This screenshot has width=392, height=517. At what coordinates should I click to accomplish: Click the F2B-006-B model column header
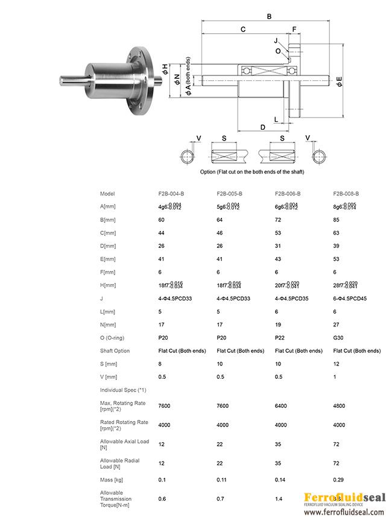click(288, 194)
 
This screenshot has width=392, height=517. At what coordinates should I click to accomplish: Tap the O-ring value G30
click(338, 338)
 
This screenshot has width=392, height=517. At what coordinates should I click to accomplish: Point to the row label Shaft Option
click(115, 350)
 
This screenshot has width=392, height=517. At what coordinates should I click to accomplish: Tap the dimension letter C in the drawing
click(242, 29)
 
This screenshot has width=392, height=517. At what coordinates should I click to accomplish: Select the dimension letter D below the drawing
click(263, 127)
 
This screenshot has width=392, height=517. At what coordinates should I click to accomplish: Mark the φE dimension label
click(339, 81)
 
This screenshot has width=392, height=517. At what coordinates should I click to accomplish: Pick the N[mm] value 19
click(278, 325)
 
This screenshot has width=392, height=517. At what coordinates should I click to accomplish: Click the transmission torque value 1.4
click(278, 500)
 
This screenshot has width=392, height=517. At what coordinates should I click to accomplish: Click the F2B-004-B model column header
click(171, 194)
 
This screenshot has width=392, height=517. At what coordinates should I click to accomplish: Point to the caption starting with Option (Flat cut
click(252, 172)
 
